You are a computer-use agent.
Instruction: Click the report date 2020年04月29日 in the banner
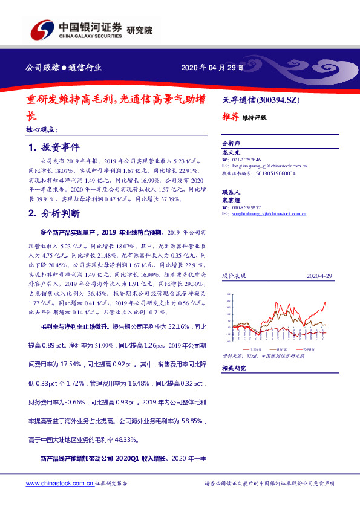(x=212, y=68)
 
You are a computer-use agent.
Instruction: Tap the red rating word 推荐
(x=230, y=117)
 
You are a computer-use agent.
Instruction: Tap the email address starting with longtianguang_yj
(x=269, y=166)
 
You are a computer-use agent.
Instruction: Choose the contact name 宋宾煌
(x=232, y=199)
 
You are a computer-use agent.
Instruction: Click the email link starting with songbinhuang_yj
(x=269, y=213)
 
